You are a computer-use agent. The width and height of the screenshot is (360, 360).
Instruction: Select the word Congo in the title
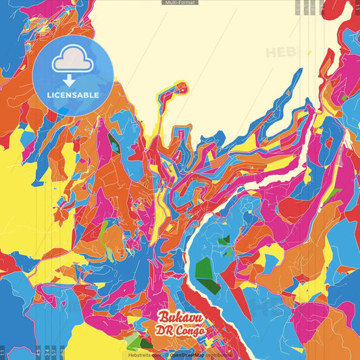(190, 330)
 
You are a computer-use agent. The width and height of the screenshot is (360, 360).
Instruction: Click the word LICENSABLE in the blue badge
(73, 95)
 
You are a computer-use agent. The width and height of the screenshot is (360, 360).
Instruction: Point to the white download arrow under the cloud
(73, 80)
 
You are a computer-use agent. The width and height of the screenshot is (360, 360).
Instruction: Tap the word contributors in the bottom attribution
(216, 355)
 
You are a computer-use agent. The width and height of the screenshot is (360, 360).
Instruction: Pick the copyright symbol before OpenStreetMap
(166, 355)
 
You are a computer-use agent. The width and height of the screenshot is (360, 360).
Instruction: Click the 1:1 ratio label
(3, 352)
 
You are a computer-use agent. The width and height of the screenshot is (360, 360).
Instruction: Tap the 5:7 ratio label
(61, 352)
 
